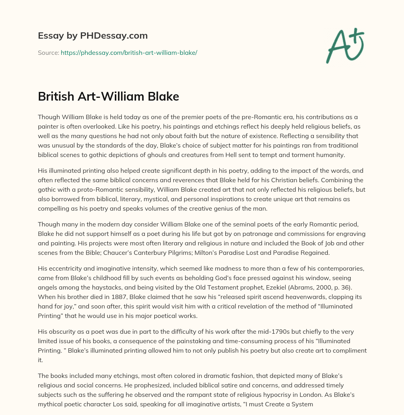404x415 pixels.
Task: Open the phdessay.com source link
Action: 129,52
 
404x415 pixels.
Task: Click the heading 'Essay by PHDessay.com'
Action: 93,36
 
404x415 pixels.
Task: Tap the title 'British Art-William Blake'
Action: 108,97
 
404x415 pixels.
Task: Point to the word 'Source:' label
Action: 48,52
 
